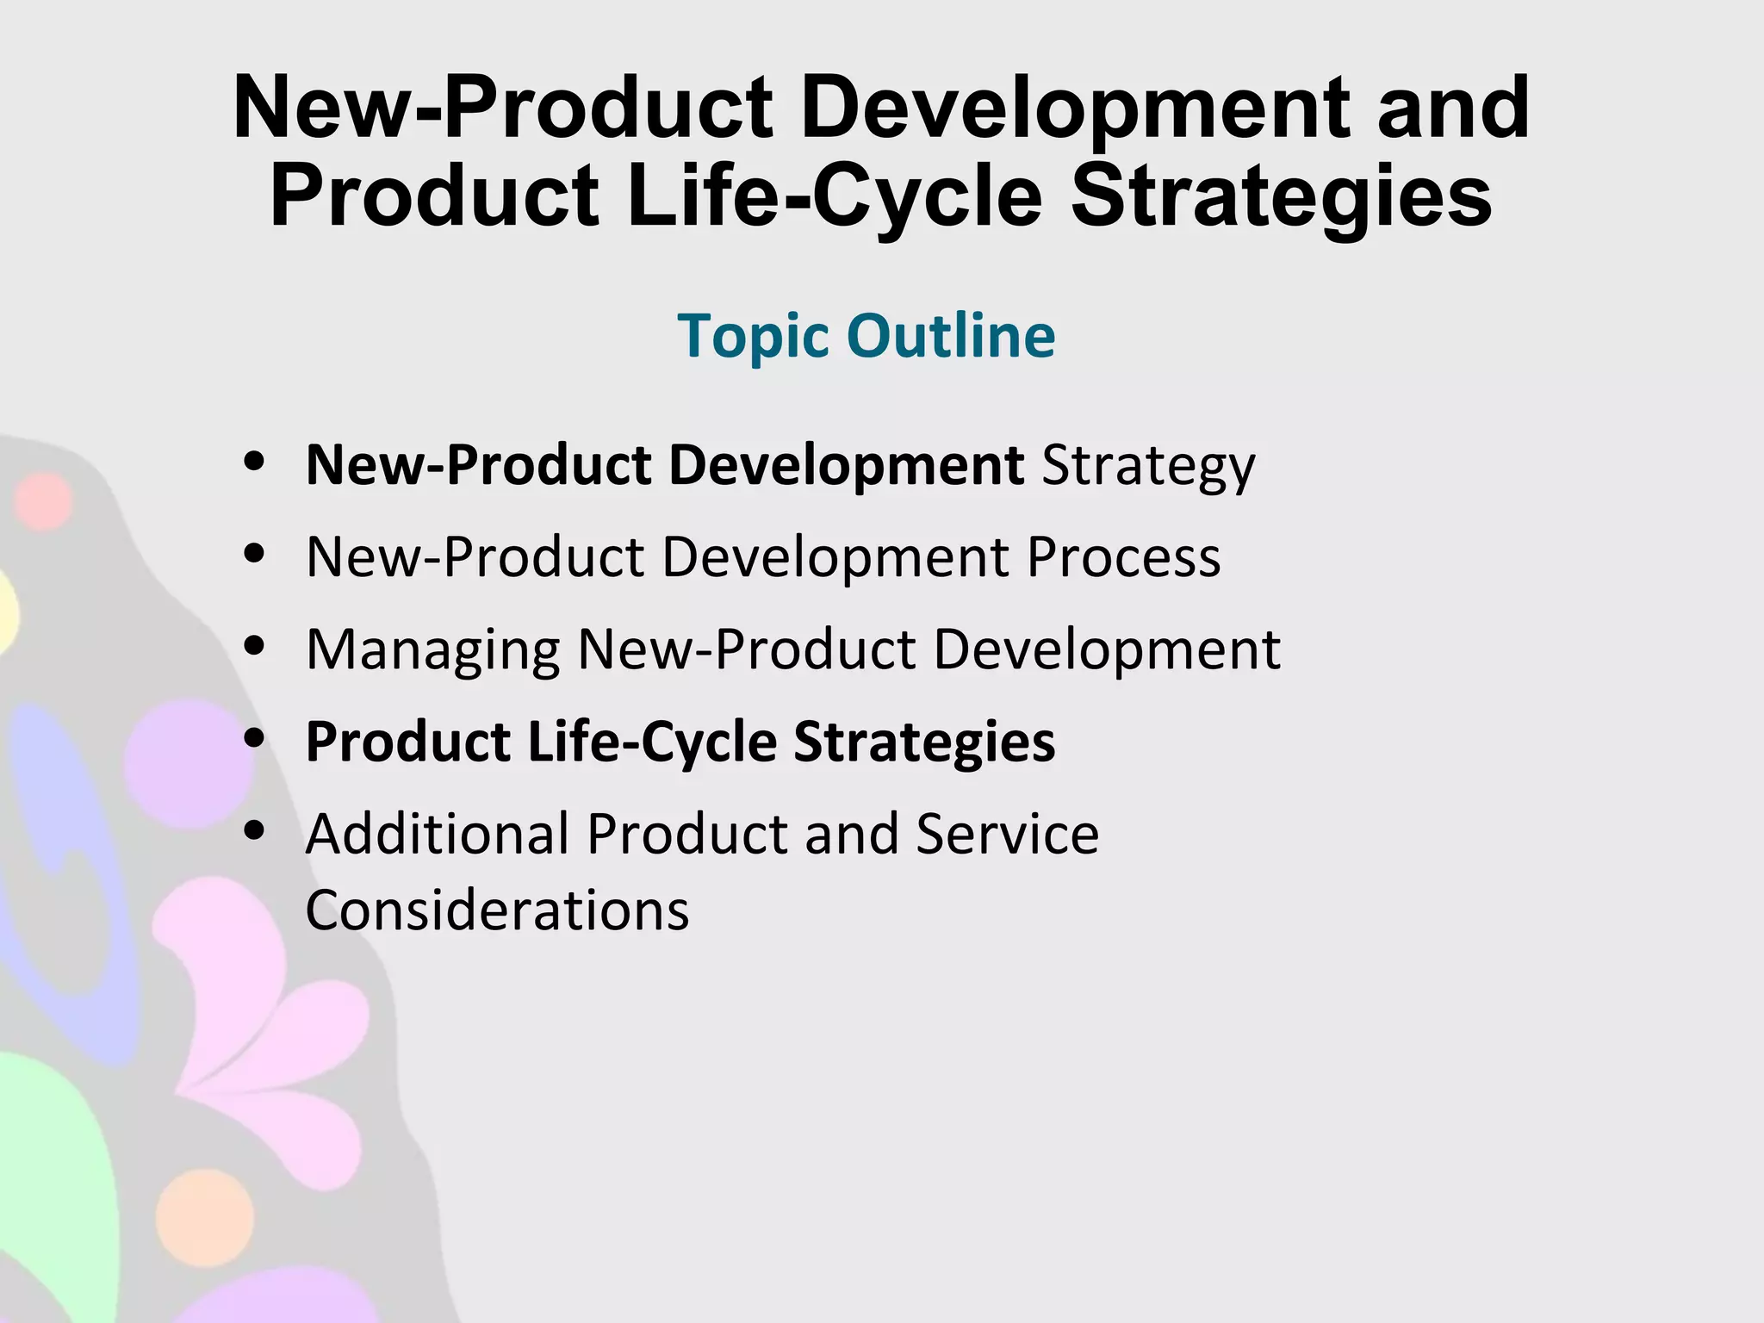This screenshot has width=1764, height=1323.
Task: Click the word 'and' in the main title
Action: tap(1453, 108)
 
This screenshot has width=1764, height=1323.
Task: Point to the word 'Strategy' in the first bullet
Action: tap(1148, 467)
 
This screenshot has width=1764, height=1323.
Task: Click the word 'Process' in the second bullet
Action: tap(1123, 557)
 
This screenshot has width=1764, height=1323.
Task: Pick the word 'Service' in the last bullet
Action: tap(1007, 834)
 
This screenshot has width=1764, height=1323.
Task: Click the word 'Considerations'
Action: tap(497, 910)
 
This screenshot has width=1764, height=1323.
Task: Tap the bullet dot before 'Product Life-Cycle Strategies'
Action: tap(253, 738)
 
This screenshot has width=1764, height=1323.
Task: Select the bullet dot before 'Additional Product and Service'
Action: tap(253, 830)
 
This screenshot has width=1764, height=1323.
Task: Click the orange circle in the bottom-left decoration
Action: tap(205, 1217)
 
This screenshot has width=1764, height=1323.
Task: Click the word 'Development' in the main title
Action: tap(1080, 108)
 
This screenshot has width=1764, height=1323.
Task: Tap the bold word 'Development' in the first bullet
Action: tap(846, 465)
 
